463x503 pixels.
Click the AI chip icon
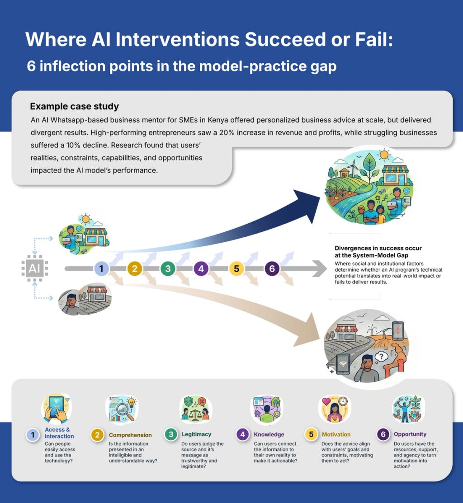[x=34, y=269]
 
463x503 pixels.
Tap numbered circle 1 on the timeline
[x=101, y=269]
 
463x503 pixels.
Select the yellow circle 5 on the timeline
[x=236, y=269]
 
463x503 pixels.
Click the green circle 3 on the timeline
[x=168, y=269]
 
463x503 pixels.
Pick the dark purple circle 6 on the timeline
[x=272, y=269]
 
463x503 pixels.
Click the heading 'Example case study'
[x=75, y=107]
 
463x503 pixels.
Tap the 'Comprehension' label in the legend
[x=130, y=435]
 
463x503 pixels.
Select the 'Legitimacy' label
[x=196, y=434]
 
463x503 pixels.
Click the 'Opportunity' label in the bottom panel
[x=410, y=434]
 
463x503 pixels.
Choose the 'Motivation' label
[x=336, y=434]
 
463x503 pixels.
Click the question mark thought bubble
[x=383, y=357]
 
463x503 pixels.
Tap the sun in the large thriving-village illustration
[x=385, y=155]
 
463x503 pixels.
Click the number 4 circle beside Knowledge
[x=243, y=435]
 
